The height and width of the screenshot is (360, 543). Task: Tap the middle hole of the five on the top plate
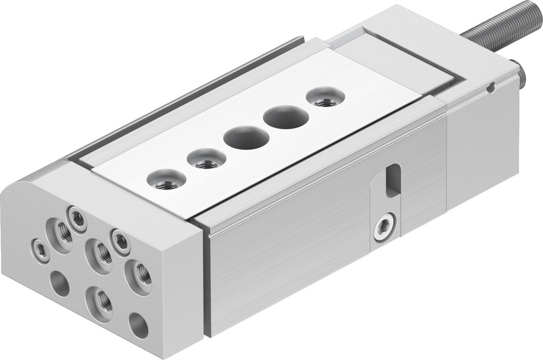[246, 137]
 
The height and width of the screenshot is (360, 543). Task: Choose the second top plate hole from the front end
[206, 160]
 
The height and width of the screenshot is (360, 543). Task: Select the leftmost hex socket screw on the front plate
[41, 249]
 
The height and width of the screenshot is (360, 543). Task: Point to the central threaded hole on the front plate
[100, 251]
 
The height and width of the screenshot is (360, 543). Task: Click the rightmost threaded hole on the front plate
[140, 275]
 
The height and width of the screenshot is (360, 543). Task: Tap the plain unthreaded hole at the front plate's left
[60, 283]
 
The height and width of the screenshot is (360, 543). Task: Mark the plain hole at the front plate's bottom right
[138, 325]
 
